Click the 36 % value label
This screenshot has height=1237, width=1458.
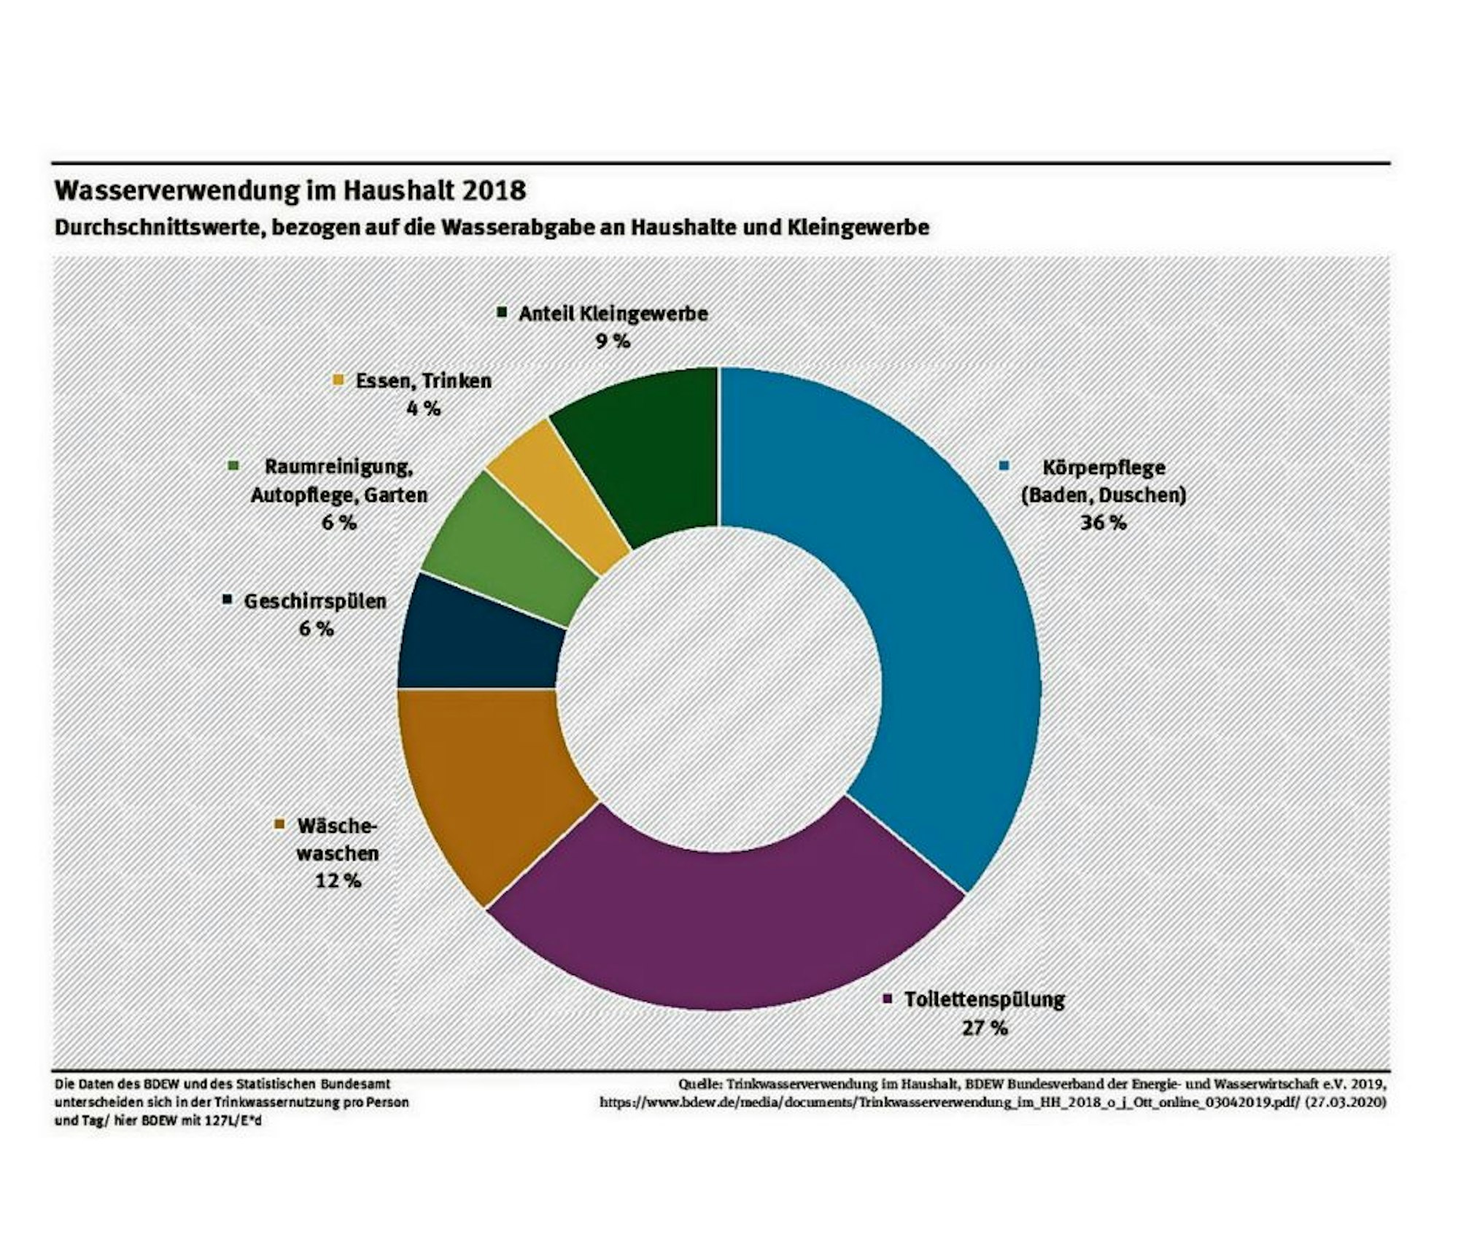[x=1103, y=523]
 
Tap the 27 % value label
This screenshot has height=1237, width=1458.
[x=985, y=1028]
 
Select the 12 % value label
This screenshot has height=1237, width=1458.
[x=338, y=880]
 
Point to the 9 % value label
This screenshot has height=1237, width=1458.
[x=613, y=341]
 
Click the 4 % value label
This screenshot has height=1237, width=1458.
[x=424, y=408]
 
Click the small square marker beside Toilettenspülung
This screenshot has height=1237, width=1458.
[x=888, y=999]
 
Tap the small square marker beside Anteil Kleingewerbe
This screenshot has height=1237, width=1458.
[x=502, y=312]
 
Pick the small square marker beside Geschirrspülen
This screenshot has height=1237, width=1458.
[x=227, y=600]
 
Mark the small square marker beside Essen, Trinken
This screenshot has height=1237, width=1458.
[x=338, y=380]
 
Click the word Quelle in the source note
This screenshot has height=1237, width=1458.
[x=699, y=1084]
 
